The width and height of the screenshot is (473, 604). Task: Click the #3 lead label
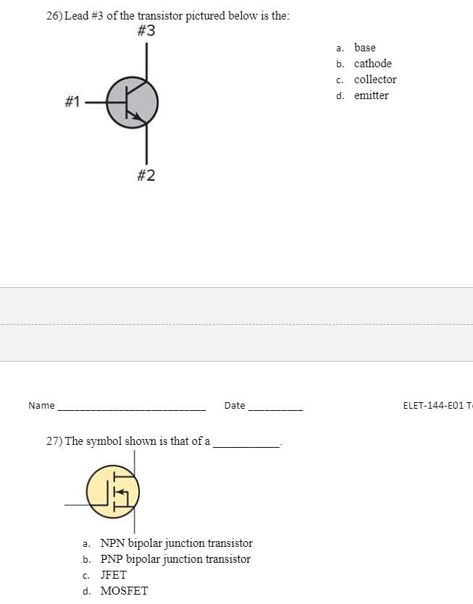point(146,31)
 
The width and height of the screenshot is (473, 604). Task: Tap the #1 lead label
point(72,102)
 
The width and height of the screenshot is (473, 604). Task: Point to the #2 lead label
point(146,176)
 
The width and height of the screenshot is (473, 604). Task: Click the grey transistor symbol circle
point(133,103)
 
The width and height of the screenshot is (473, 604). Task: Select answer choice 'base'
point(364,48)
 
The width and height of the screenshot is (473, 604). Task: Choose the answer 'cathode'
point(372,64)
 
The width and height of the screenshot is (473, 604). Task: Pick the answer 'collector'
point(374,80)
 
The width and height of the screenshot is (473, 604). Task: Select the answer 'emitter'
point(371,95)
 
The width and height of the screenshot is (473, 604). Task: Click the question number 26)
point(54,16)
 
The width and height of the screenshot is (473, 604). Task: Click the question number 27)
point(54,441)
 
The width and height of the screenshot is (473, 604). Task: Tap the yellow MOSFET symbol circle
point(112,492)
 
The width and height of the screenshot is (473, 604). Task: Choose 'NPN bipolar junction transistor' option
point(176,543)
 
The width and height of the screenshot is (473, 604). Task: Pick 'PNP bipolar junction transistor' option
point(175,559)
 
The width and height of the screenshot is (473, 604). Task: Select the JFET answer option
point(113,575)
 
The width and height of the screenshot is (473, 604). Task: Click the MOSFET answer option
point(123,591)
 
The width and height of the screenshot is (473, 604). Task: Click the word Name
point(41,406)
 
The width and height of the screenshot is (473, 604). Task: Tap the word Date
point(235,406)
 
